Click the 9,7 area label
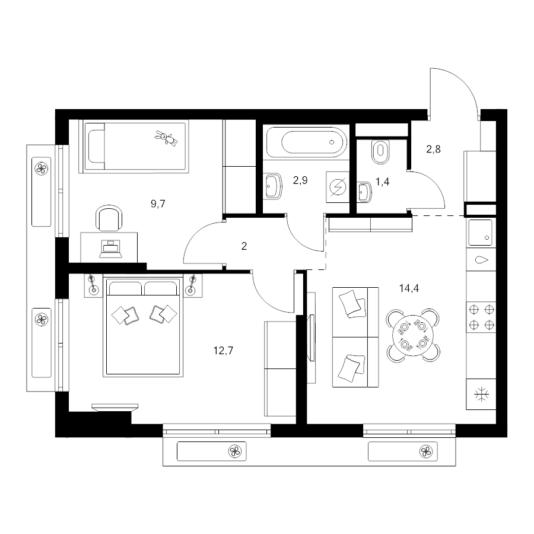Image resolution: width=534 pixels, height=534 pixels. pyautogui.click(x=158, y=204)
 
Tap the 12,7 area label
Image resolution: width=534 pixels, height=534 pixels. pyautogui.click(x=224, y=350)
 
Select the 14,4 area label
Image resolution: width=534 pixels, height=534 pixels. pyautogui.click(x=409, y=288)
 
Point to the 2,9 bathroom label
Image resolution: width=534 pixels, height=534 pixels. pyautogui.click(x=300, y=180)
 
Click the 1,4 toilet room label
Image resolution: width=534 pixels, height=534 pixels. pyautogui.click(x=383, y=182)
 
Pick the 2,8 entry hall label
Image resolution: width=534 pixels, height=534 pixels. pyautogui.click(x=434, y=149)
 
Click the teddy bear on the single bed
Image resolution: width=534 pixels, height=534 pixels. pyautogui.click(x=167, y=138)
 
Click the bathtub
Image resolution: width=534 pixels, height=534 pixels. pyautogui.click(x=307, y=142)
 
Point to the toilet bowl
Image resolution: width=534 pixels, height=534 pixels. pyautogui.click(x=381, y=151)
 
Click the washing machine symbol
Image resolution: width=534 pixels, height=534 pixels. pyautogui.click(x=338, y=187)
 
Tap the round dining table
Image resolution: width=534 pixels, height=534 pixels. pyautogui.click(x=413, y=335)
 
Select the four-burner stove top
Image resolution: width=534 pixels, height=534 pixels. pyautogui.click(x=481, y=317)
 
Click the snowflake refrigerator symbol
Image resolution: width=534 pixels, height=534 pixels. pyautogui.click(x=482, y=395)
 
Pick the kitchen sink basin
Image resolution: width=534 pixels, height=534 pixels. pyautogui.click(x=481, y=233)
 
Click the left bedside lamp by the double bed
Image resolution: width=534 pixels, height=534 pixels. pyautogui.click(x=93, y=285)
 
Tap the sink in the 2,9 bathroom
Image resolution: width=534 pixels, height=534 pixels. pyautogui.click(x=274, y=186)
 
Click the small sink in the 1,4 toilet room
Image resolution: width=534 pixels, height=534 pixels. pyautogui.click(x=364, y=192)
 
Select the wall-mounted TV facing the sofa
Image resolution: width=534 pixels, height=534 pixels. pyautogui.click(x=311, y=338)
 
